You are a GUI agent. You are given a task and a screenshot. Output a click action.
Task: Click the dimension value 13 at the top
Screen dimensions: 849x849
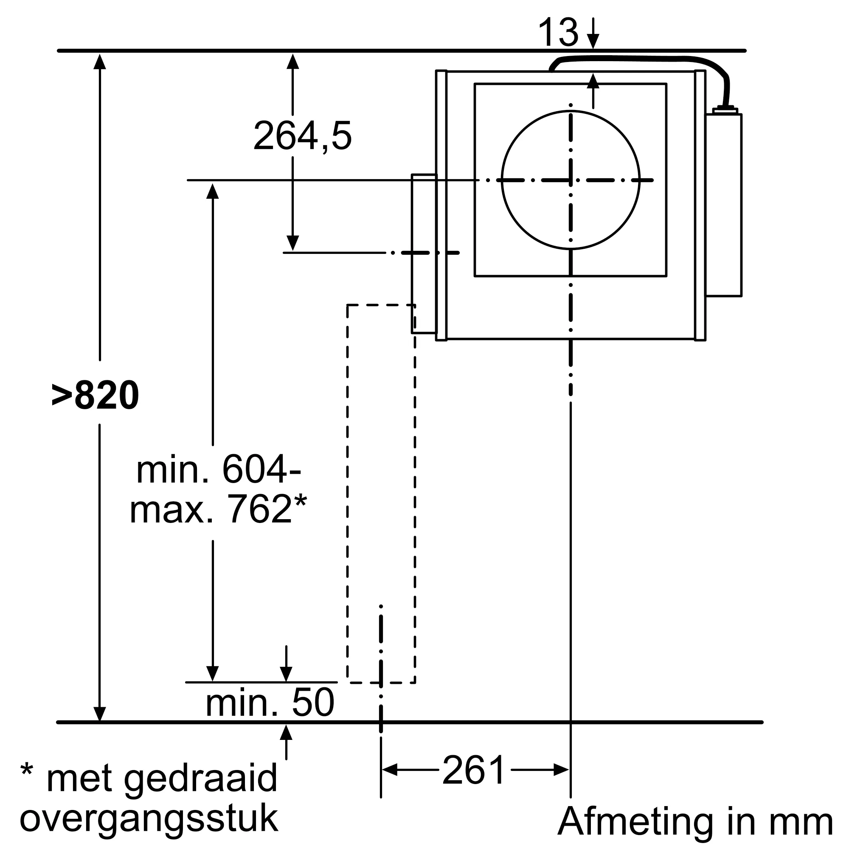(558, 33)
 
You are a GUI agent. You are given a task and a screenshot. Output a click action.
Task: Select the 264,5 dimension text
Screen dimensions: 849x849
(302, 136)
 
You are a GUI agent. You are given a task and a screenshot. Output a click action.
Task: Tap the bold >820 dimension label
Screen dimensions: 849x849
(96, 396)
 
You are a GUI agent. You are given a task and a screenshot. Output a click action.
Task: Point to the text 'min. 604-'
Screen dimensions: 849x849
(218, 470)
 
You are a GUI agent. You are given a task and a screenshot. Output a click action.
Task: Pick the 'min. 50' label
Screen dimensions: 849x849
(270, 703)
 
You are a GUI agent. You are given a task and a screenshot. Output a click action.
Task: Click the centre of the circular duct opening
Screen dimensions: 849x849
(571, 180)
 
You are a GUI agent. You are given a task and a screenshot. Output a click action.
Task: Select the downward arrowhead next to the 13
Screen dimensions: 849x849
(593, 42)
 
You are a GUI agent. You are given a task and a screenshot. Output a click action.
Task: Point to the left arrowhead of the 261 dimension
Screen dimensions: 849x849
(389, 770)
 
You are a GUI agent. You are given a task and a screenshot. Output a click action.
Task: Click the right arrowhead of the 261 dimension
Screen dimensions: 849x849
(562, 770)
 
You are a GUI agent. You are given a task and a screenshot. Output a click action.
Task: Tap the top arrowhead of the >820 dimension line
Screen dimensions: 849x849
(100, 62)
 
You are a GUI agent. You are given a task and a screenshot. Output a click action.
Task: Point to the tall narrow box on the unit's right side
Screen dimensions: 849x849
(724, 205)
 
